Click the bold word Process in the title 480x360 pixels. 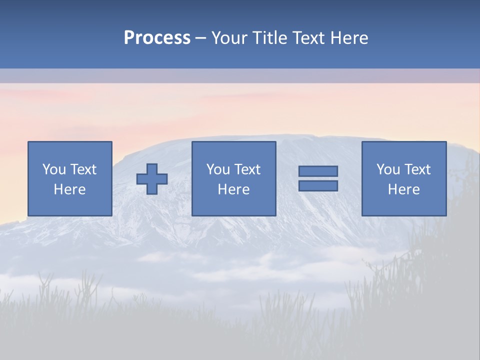click(x=157, y=38)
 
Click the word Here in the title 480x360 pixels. click(x=350, y=38)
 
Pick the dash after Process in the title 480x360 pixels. click(x=201, y=38)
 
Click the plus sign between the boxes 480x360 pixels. click(x=152, y=179)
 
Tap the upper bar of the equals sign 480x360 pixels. click(x=318, y=171)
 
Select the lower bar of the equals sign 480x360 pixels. click(x=318, y=185)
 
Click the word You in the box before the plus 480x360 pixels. click(x=54, y=169)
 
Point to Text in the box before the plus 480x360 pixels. click(x=83, y=169)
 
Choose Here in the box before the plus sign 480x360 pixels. click(x=69, y=189)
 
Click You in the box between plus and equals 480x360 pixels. click(x=218, y=169)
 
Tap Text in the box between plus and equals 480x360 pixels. click(x=247, y=169)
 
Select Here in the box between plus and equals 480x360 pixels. click(x=233, y=189)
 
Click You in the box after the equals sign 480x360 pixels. click(x=388, y=169)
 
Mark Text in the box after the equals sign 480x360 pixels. click(x=417, y=169)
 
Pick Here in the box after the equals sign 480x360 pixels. click(x=403, y=189)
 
